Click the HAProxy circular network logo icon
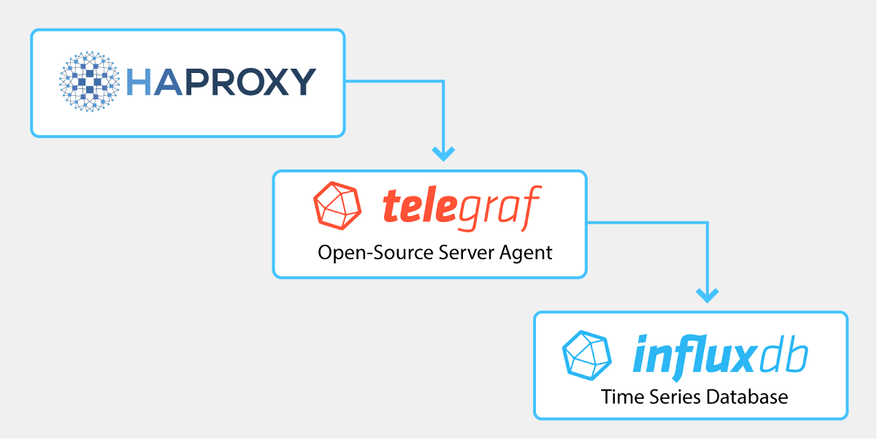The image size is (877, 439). pos(89,82)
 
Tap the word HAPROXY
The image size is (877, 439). pos(221,82)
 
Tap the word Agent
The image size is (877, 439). pos(527,253)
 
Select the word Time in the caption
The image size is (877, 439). pos(619,397)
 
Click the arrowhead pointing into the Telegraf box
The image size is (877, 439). pos(443,153)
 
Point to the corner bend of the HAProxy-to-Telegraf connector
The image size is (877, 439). pos(443,82)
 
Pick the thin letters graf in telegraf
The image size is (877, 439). pos(505,207)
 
